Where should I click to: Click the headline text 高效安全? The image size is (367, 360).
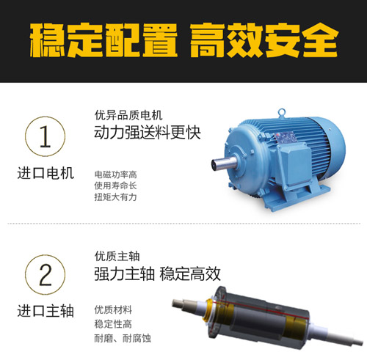pyautogui.click(x=263, y=41)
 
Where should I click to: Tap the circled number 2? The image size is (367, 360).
pyautogui.click(x=45, y=276)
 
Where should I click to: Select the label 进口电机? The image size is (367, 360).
pyautogui.click(x=45, y=175)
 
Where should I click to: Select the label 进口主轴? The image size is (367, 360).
pyautogui.click(x=45, y=312)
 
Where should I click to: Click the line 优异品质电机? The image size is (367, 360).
pyautogui.click(x=128, y=115)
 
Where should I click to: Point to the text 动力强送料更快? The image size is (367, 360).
pyautogui.click(x=147, y=134)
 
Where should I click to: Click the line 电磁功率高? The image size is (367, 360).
pyautogui.click(x=116, y=175)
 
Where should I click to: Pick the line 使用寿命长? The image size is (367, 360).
pyautogui.click(x=116, y=185)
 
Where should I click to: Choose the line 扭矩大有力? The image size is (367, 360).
pyautogui.click(x=116, y=197)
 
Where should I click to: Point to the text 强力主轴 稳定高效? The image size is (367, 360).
pyautogui.click(x=157, y=275)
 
